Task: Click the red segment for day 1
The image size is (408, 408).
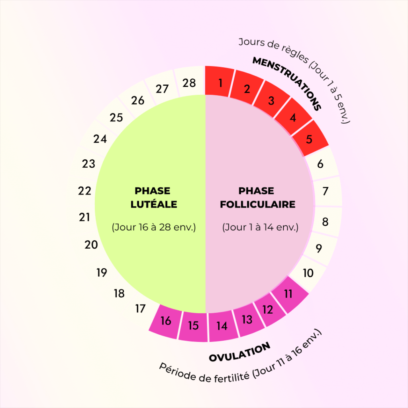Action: [220, 82]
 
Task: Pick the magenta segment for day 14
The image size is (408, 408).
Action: [222, 326]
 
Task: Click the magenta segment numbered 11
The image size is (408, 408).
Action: [289, 294]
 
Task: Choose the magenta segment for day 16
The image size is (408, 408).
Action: [165, 321]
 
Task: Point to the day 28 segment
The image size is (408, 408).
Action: [190, 82]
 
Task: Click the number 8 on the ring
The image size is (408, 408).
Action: [325, 222]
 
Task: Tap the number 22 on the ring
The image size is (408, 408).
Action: [84, 191]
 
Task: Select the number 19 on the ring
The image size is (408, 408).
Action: [102, 273]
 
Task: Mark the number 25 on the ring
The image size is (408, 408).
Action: [116, 118]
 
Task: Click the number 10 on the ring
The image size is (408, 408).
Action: [308, 274]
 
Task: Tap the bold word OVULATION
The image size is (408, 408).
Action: [239, 352]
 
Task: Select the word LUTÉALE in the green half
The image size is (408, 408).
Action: [154, 204]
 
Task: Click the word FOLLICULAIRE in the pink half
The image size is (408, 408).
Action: [258, 204]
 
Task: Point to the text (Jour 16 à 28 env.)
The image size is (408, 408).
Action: [154, 228]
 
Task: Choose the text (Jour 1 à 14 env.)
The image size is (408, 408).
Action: [260, 228]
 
